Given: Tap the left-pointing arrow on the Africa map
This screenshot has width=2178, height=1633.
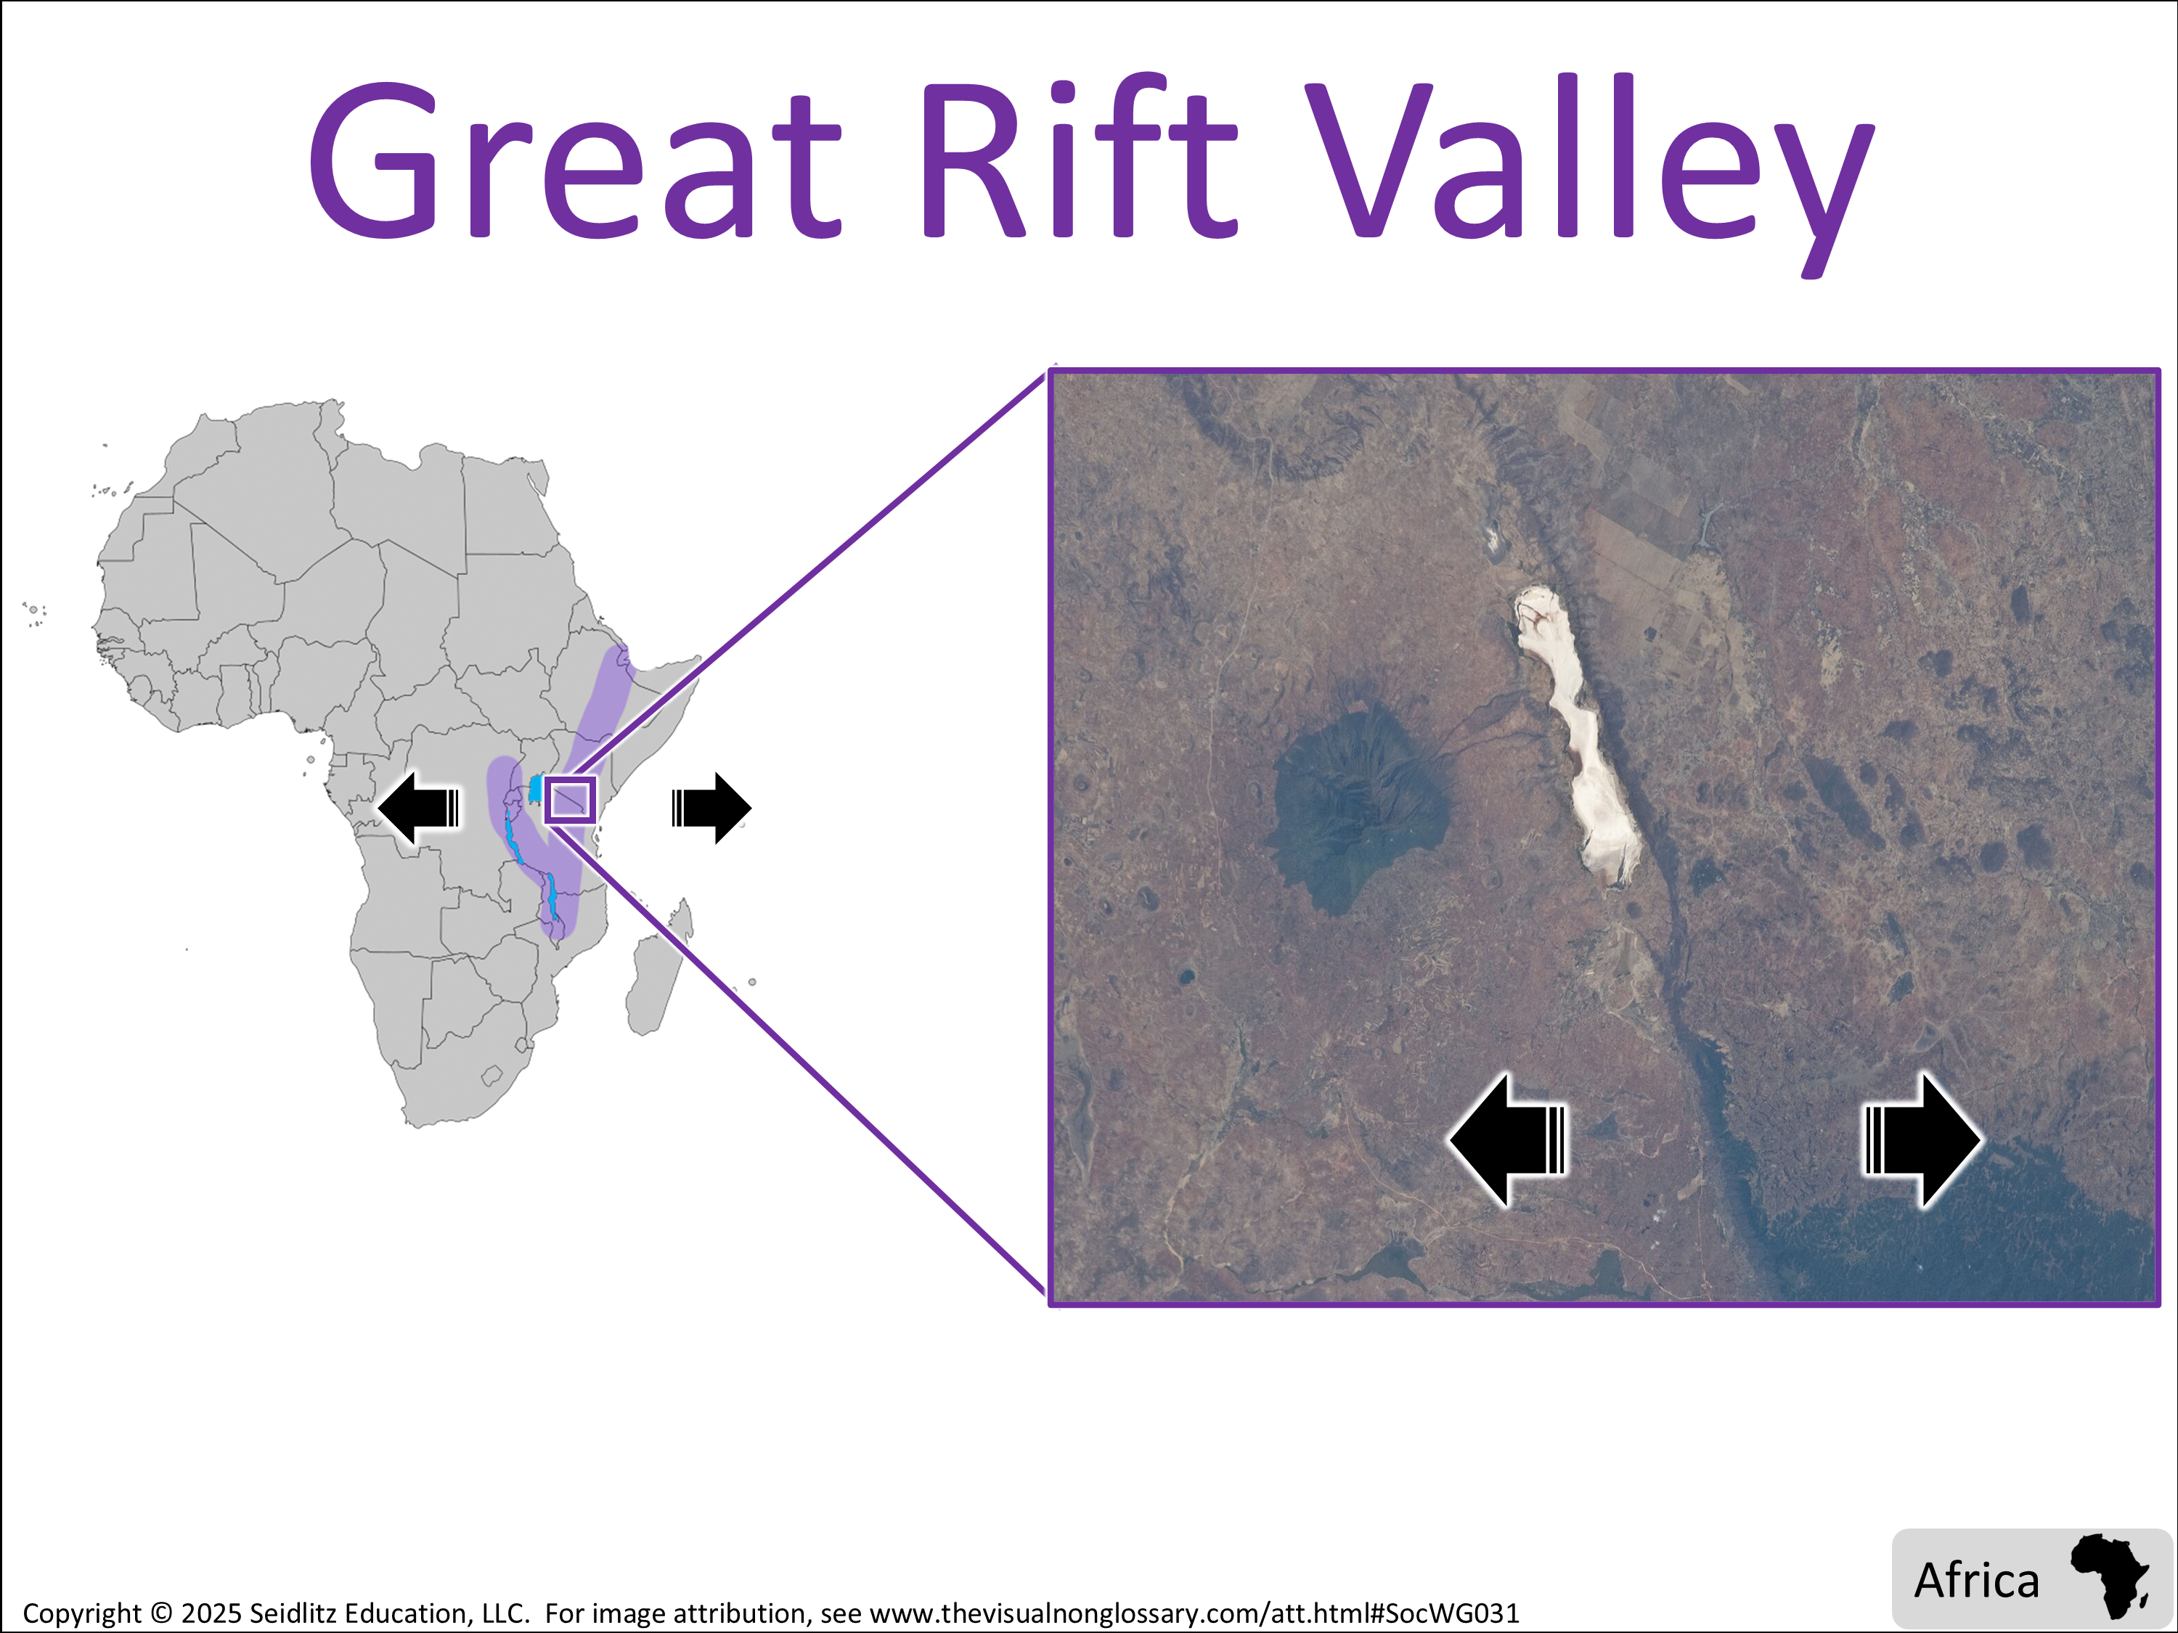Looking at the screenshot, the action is (418, 808).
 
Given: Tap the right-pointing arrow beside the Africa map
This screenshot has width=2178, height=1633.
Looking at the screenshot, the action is (711, 808).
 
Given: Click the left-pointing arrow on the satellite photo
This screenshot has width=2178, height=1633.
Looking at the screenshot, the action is (1506, 1141).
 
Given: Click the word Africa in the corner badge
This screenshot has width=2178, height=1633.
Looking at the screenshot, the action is (1976, 1581).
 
